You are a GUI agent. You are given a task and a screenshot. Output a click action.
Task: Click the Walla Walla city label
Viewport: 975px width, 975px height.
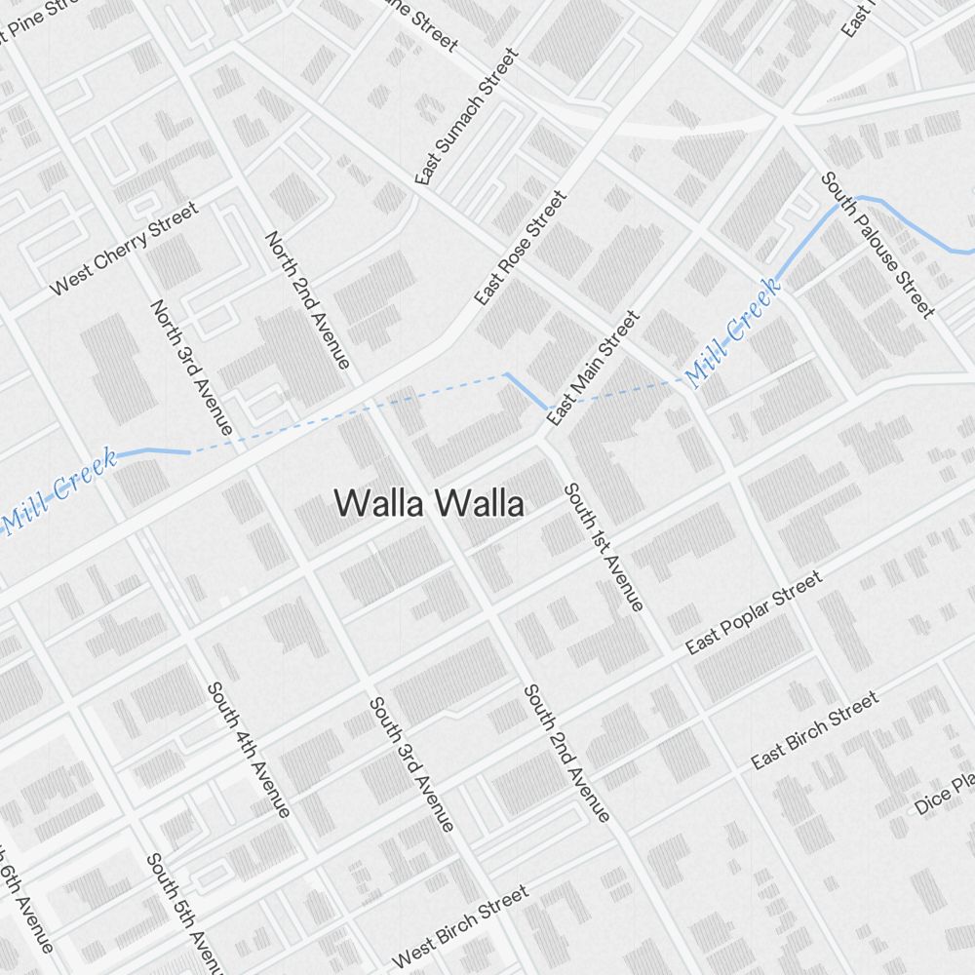coord(430,504)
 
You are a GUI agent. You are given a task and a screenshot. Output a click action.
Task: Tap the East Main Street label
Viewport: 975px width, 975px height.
coord(593,369)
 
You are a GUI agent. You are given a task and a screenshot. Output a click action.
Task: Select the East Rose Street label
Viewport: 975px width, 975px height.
coord(520,249)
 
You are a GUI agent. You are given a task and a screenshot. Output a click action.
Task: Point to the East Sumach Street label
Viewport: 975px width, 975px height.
coord(467,116)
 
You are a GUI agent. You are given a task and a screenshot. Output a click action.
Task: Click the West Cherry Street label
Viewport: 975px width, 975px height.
coord(124,249)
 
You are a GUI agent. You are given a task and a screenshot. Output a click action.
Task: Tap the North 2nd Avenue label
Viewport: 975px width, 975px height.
coord(306,300)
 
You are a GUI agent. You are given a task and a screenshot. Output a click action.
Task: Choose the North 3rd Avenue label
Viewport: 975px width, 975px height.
coord(191,368)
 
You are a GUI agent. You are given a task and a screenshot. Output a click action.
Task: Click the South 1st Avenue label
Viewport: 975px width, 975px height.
coord(604,547)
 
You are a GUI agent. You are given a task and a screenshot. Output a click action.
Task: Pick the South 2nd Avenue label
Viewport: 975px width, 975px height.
coord(566,753)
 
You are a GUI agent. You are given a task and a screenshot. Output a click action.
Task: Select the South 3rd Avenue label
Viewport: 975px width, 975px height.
coord(411,764)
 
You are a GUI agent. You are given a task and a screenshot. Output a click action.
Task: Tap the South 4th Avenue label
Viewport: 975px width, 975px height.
coord(249,750)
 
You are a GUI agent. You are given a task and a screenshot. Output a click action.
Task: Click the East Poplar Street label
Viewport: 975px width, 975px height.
coord(754,612)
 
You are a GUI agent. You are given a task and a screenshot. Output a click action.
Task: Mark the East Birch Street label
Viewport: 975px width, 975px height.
coord(815,730)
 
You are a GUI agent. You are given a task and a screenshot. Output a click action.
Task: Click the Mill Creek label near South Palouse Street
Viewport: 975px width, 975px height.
coord(732,333)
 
